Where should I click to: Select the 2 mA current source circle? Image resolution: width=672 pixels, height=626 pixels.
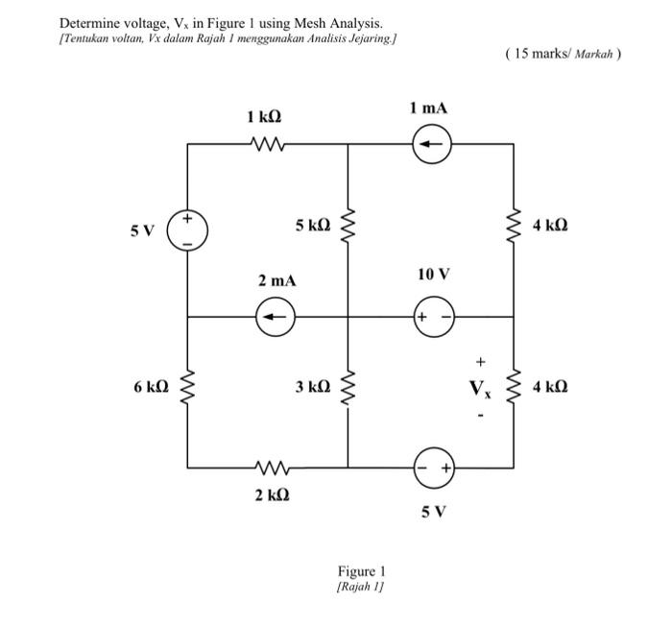click(x=276, y=316)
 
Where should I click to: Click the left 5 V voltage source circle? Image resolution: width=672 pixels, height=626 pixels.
click(x=187, y=230)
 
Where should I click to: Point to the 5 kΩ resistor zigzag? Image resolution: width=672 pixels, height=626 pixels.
click(x=348, y=229)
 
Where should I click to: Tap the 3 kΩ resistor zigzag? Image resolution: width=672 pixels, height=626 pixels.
click(x=348, y=390)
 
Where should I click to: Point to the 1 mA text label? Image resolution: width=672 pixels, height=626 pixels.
click(x=428, y=108)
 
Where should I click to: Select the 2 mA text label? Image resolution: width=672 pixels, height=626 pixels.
click(x=276, y=281)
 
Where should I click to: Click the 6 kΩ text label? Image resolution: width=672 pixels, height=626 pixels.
click(x=152, y=387)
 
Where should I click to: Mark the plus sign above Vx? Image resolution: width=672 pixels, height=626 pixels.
click(x=482, y=363)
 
